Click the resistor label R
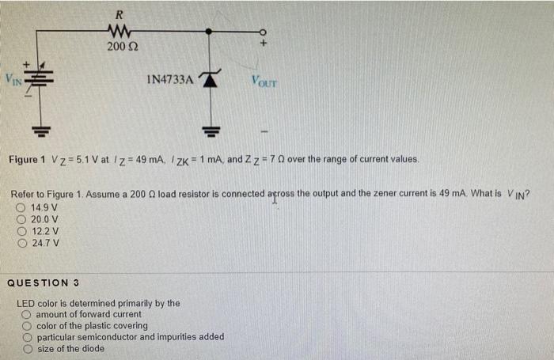(119, 13)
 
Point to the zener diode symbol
(210, 78)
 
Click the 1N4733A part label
(169, 79)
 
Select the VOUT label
(264, 80)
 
